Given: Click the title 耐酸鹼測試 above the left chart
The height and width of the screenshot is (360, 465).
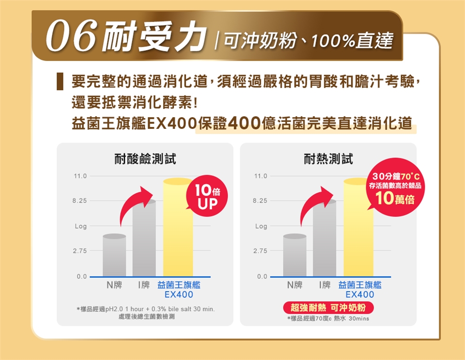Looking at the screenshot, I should coord(145,158).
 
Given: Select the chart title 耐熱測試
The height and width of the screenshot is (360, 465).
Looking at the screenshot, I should coord(328,158).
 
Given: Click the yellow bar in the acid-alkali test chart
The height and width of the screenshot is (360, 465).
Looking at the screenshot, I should coord(178,228).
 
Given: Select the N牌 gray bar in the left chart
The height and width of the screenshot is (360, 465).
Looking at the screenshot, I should coord(114,255).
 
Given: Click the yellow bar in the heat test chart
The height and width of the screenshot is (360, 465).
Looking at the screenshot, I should coord(358,228).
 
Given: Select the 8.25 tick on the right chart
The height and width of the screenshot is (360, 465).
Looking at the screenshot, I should coord(261,201).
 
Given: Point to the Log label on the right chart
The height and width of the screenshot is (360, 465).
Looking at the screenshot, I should coord(261,226).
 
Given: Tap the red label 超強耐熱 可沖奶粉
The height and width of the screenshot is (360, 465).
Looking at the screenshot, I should coord(328,308).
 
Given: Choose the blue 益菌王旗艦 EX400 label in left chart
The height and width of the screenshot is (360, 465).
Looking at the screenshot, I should coord(179,290).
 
